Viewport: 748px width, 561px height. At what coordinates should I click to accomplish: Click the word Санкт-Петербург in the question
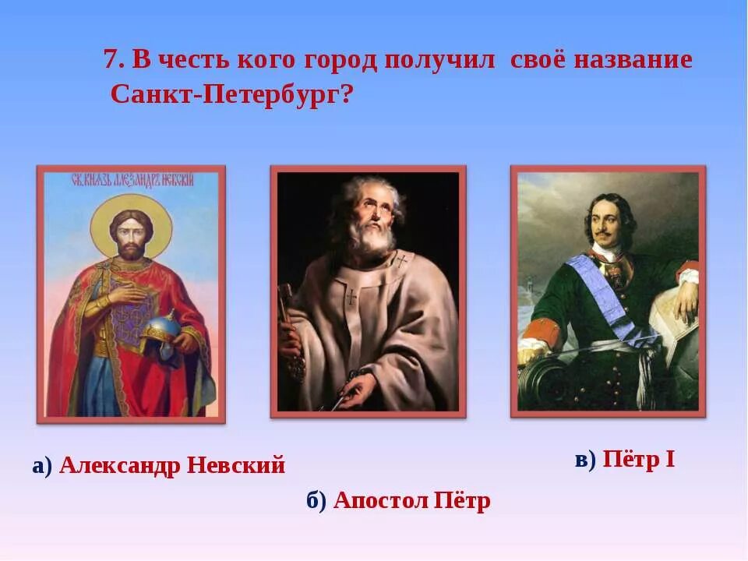tap(225, 94)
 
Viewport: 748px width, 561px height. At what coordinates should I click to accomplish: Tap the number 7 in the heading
tap(111, 60)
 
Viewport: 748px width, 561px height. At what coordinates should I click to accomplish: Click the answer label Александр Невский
tap(172, 466)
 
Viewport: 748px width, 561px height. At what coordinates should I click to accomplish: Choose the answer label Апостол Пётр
tap(411, 500)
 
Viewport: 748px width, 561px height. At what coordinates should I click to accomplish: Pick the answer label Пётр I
tap(638, 460)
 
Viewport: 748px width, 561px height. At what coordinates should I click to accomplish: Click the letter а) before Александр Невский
tap(42, 466)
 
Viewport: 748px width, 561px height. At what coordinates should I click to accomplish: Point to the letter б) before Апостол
tap(316, 500)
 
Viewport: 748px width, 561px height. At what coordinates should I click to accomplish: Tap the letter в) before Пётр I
tap(585, 460)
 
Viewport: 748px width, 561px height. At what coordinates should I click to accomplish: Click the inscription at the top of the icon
tap(131, 180)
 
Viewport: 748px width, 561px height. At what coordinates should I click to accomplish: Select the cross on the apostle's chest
tap(351, 296)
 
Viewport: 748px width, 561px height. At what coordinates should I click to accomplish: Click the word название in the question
tap(633, 60)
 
